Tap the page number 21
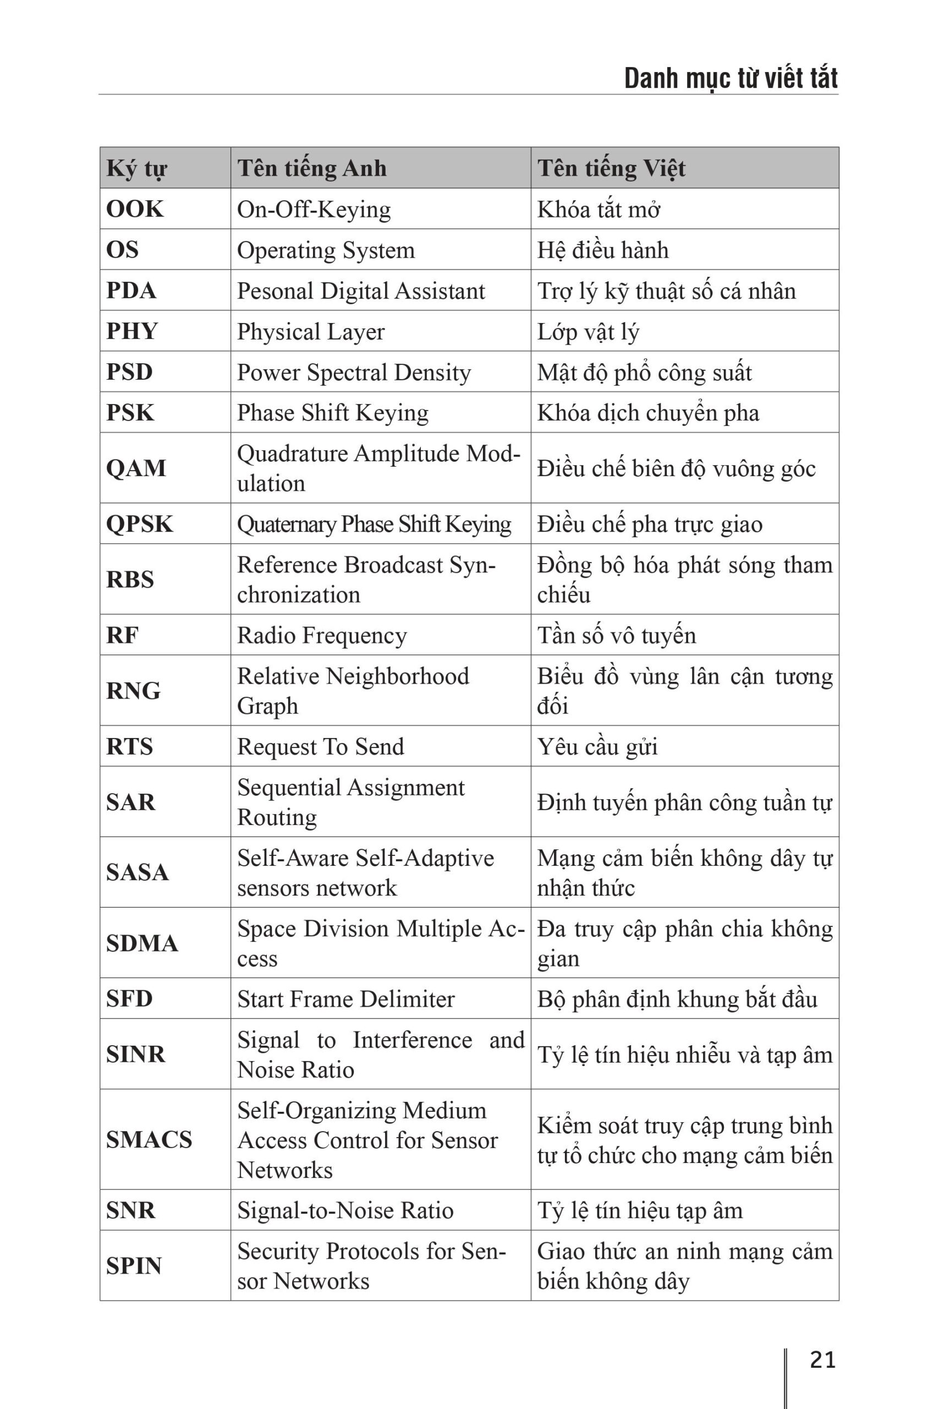(822, 1360)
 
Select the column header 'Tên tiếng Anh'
(311, 168)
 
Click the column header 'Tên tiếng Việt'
(611, 168)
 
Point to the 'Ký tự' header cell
(136, 168)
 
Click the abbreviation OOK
(135, 209)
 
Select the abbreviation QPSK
(140, 524)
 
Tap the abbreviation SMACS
(149, 1139)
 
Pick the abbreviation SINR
(136, 1055)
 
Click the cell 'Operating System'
(326, 250)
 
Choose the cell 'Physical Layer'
(311, 332)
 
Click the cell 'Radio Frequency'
(322, 636)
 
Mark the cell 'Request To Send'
(320, 747)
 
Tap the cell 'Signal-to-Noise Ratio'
(345, 1211)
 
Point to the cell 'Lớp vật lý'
(588, 332)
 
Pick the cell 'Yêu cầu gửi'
(597, 747)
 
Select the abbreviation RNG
(134, 691)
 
